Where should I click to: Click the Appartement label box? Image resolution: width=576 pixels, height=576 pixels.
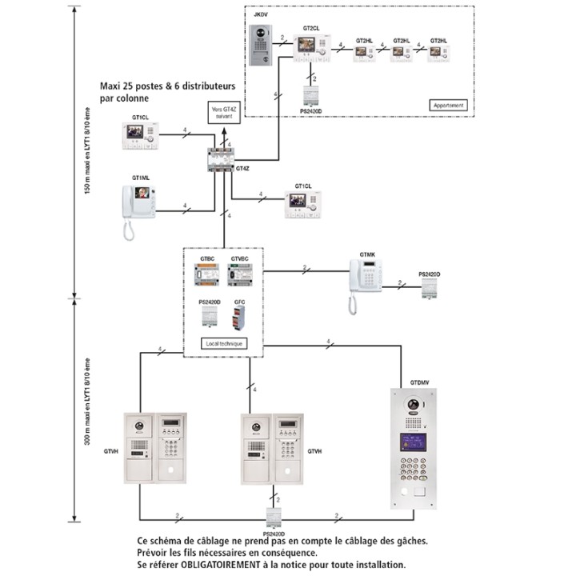tap(447, 105)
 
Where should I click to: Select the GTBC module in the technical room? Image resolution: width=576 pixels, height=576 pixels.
tap(207, 276)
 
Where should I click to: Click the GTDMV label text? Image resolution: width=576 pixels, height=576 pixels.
tap(419, 383)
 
